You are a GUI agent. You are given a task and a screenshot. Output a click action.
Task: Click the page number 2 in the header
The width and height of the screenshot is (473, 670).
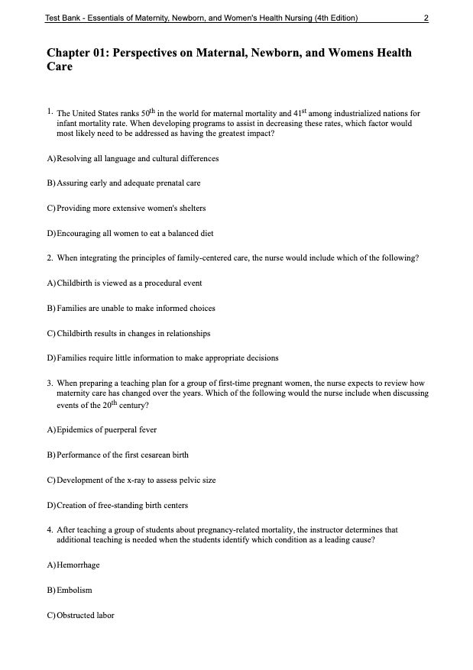coord(425,18)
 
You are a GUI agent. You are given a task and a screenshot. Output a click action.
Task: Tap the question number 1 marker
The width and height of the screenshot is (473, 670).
coord(49,112)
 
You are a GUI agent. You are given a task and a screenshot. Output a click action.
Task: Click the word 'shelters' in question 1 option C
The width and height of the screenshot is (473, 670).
coord(191,208)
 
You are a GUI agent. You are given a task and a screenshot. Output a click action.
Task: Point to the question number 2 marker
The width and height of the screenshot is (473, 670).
coord(49,258)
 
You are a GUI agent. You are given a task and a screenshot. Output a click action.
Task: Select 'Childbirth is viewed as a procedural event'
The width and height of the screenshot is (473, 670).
coord(129,283)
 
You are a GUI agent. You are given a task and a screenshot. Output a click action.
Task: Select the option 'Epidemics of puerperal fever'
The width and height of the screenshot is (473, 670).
coord(107,430)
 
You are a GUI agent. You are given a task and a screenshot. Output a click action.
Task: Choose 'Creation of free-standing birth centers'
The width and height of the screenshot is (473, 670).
coord(122,505)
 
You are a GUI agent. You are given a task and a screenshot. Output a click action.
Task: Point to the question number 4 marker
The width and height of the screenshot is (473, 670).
coord(49,529)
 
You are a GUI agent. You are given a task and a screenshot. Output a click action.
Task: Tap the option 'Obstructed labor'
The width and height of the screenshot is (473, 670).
coord(86,615)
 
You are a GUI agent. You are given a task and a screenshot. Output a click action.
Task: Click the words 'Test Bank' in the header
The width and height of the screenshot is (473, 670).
coord(63,18)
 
